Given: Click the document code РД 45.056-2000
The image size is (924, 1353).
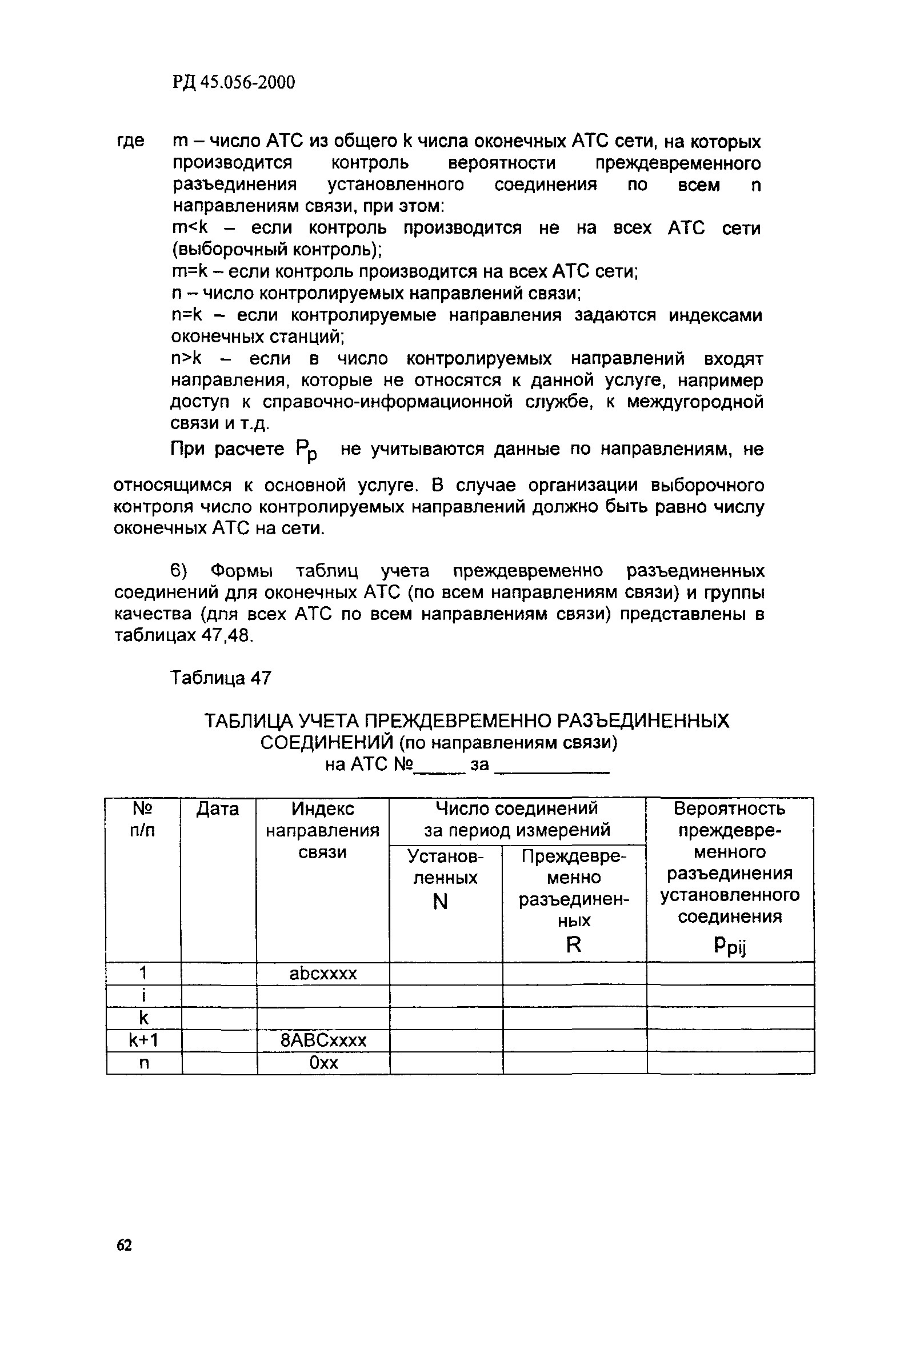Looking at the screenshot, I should click(234, 83).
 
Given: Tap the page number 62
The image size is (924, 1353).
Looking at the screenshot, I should click(124, 1245).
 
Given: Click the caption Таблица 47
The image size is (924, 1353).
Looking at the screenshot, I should click(221, 678).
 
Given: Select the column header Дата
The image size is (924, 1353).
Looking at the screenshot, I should click(218, 809).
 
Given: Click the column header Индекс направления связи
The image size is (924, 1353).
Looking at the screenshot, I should click(322, 830).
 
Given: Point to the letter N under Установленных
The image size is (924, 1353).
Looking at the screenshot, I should click(441, 902).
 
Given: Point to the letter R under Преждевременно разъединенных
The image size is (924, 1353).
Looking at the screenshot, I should click(574, 944).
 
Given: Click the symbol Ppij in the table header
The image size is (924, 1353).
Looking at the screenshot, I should click(729, 947).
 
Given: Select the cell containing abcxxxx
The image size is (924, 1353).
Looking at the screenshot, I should click(323, 974).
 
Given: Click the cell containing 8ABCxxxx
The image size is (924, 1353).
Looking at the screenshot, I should click(323, 1040).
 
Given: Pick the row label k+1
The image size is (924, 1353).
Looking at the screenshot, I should click(143, 1040).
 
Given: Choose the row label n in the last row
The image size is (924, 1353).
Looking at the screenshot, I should click(144, 1063).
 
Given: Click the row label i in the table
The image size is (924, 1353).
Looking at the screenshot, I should click(143, 996).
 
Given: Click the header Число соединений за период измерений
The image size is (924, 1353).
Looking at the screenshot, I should click(517, 819).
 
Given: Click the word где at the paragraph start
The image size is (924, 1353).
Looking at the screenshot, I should click(130, 142).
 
